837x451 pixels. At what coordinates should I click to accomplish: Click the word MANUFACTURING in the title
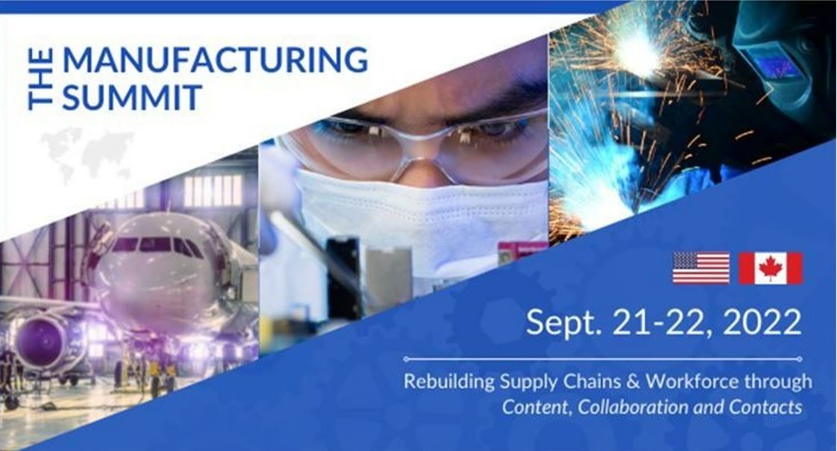[x=215, y=59]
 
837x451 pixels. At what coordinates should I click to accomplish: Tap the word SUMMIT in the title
[x=132, y=97]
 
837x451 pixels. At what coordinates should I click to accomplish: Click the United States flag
[x=701, y=268]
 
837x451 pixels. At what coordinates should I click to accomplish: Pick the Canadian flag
[x=771, y=268]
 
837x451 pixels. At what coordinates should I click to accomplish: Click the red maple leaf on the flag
[x=771, y=268]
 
